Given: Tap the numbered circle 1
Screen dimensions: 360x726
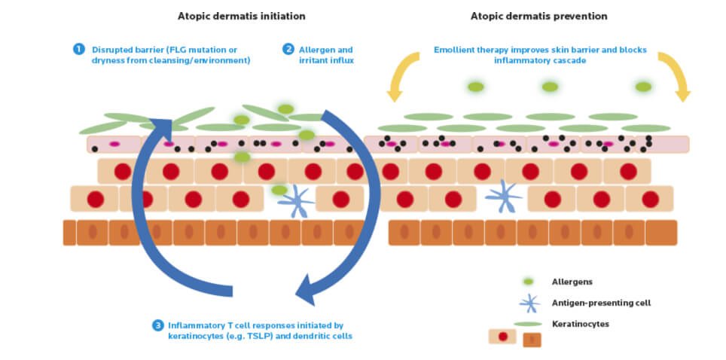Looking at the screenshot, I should point(79,49).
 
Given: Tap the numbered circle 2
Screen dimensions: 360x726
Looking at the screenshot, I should point(288,49).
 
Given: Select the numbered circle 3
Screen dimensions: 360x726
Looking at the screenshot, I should point(157,325).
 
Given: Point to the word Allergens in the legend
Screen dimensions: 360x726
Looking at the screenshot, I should point(572,282).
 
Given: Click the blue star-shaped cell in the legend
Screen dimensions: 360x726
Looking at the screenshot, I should point(530,303).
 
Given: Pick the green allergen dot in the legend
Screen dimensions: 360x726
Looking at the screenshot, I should point(529,282).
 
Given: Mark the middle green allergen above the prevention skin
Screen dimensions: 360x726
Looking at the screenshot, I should point(550,87).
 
